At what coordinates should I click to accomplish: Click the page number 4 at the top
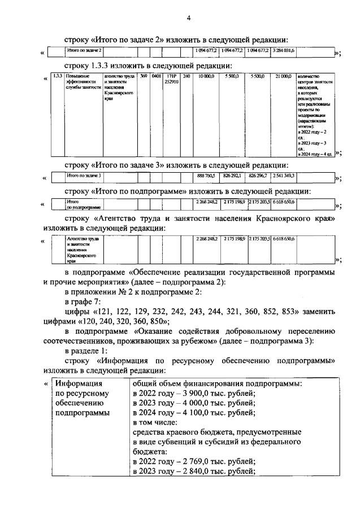188,18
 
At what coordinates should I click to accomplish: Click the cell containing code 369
144,76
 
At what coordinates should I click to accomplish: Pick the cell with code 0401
156,76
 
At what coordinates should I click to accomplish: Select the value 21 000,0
283,76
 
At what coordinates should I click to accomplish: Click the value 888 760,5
206,176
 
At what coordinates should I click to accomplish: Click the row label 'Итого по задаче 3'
83,176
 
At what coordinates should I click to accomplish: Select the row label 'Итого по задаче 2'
83,51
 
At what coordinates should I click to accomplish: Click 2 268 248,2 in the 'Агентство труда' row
206,239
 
